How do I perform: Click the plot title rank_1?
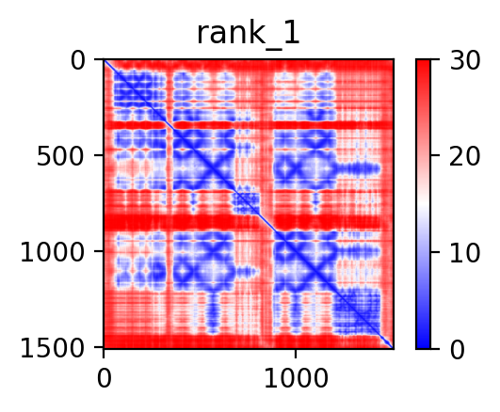[x=248, y=34]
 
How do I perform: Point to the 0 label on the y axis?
[x=78, y=60]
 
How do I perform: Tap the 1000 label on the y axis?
[x=53, y=252]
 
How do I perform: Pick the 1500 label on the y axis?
[x=53, y=348]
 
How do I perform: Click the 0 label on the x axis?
[x=104, y=378]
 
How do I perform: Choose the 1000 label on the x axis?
[x=296, y=378]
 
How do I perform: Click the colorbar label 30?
[x=464, y=60]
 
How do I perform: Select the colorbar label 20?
[x=464, y=156]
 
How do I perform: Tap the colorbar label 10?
[x=464, y=253]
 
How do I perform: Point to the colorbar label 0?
[x=458, y=350]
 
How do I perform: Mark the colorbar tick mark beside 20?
[x=435, y=155]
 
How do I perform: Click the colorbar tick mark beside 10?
[x=435, y=252]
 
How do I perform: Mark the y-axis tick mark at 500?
[x=99, y=155]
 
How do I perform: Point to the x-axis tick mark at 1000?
[x=296, y=354]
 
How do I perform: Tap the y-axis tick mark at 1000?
[x=99, y=251]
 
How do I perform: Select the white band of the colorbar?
[x=423, y=204]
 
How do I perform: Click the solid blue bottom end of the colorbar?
[x=423, y=343]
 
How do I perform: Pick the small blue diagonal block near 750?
[x=245, y=203]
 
